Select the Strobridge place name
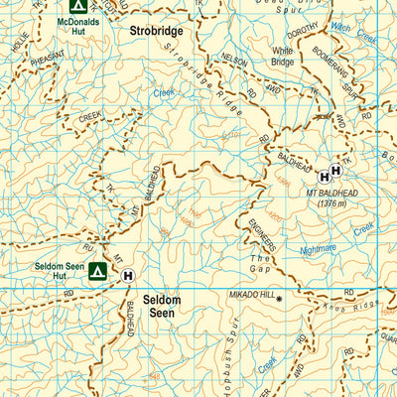(x=158, y=31)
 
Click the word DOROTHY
(x=303, y=30)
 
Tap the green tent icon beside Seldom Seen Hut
(x=98, y=271)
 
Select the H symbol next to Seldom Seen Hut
(x=128, y=278)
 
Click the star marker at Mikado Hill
(x=280, y=299)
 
